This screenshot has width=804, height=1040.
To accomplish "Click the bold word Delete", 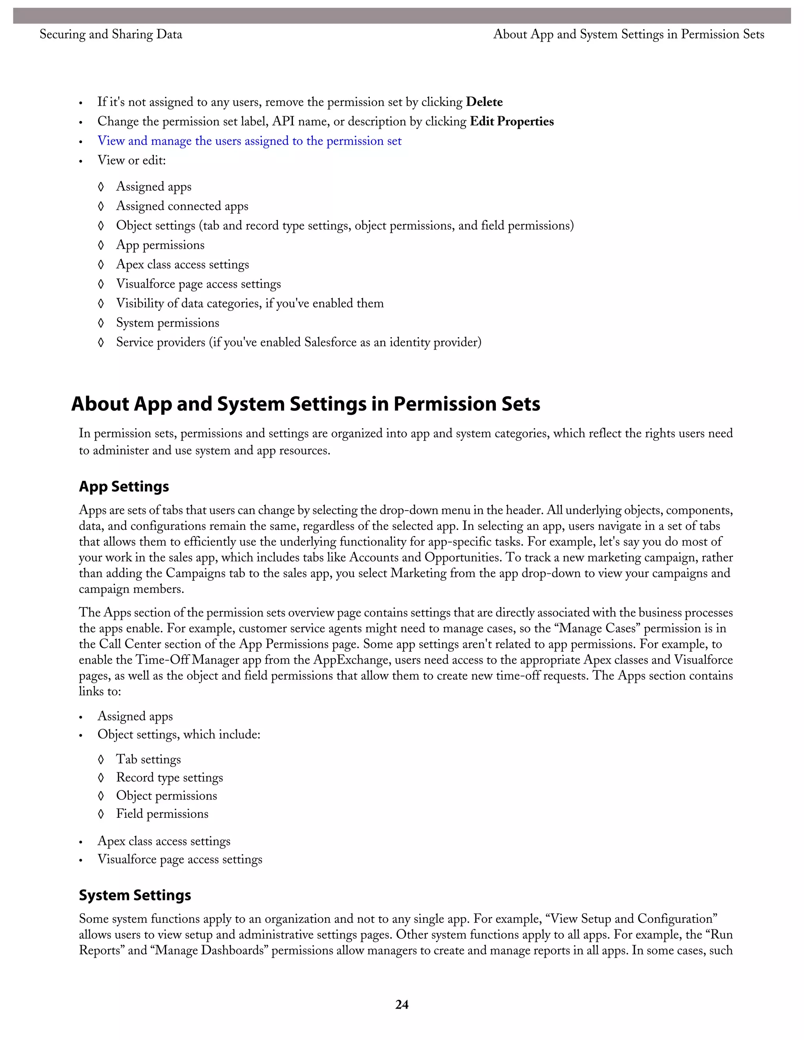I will (x=484, y=102).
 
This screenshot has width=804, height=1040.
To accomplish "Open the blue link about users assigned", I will (x=249, y=141).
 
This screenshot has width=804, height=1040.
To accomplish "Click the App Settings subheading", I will (x=124, y=486).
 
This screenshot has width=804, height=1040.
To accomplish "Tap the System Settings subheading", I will (x=135, y=895).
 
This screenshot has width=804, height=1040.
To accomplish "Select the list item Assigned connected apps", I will (x=182, y=206).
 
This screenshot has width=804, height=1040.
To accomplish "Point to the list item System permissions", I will (x=167, y=323).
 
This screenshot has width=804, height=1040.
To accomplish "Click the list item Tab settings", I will (x=148, y=759).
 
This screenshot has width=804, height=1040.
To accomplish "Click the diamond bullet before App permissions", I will (x=100, y=245).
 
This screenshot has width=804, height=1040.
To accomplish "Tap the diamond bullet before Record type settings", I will (x=100, y=777).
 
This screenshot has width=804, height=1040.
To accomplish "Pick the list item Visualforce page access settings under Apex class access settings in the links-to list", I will (x=179, y=859).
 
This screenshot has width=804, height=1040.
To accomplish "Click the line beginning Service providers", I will (x=298, y=342).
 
